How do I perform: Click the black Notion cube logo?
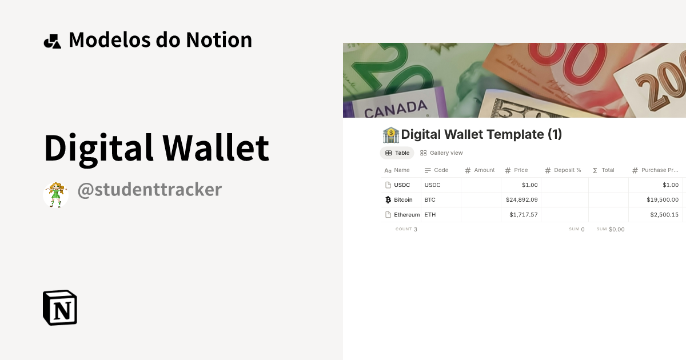(x=60, y=307)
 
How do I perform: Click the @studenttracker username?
(x=149, y=189)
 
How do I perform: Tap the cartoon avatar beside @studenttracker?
(x=56, y=195)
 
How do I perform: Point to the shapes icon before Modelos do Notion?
(x=52, y=41)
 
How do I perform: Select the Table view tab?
(x=397, y=153)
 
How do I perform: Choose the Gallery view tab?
(x=441, y=153)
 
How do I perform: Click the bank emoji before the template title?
(x=390, y=135)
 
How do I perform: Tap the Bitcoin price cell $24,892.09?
(x=521, y=200)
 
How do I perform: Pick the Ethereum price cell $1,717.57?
(x=523, y=215)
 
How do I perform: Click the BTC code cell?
(x=430, y=200)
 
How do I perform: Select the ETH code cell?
(x=430, y=215)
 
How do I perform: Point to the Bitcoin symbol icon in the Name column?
(x=388, y=200)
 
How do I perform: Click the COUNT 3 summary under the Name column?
(x=406, y=229)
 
